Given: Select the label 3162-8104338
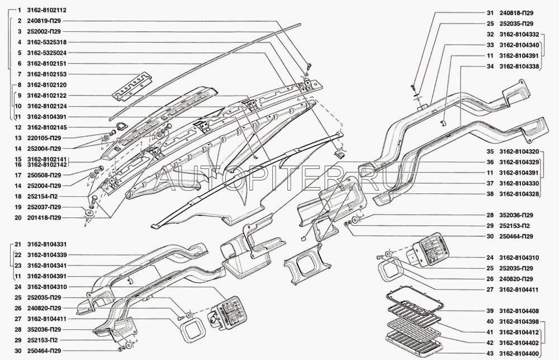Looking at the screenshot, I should [519, 67].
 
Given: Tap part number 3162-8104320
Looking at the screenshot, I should [519, 151].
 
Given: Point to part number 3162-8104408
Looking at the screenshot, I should [519, 310].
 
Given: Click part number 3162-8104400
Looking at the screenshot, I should [519, 353].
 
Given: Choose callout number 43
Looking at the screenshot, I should [490, 353].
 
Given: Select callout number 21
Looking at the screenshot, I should [18, 244].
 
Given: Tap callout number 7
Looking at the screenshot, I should [19, 74].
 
